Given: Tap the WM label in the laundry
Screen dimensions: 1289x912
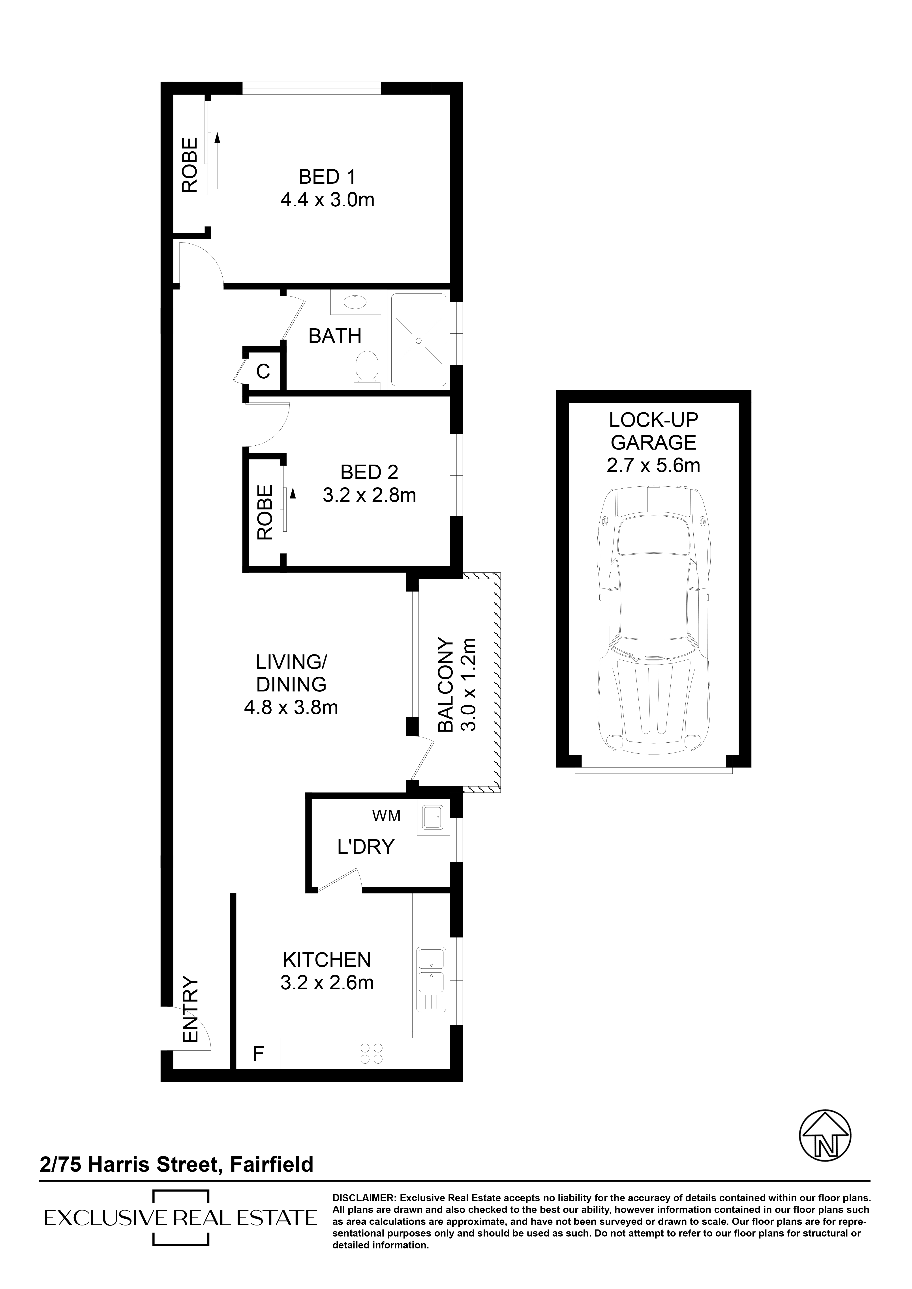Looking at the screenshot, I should coord(386,816).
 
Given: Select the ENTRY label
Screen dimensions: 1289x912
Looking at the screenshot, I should coord(191,1011).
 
